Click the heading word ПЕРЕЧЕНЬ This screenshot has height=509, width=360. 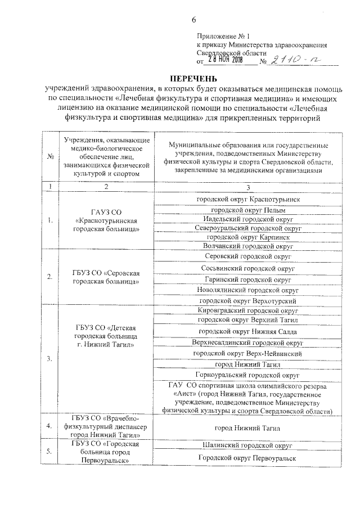(x=193, y=77)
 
